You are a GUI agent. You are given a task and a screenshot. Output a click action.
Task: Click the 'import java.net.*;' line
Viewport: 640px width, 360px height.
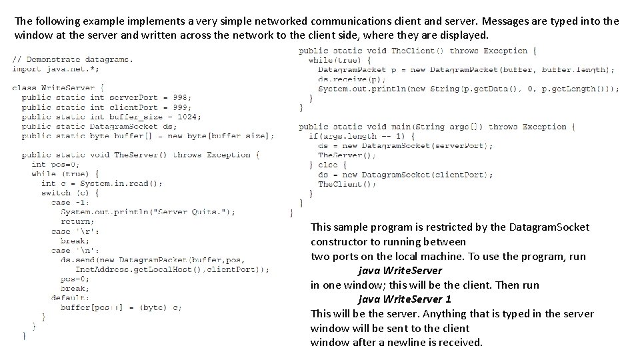[x=55, y=69]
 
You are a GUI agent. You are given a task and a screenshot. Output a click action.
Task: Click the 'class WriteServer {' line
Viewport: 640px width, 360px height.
[x=57, y=88]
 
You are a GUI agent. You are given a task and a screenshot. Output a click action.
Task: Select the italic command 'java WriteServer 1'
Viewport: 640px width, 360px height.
[x=404, y=299]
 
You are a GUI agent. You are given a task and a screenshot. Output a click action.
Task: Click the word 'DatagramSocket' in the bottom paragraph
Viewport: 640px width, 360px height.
[x=549, y=227]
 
